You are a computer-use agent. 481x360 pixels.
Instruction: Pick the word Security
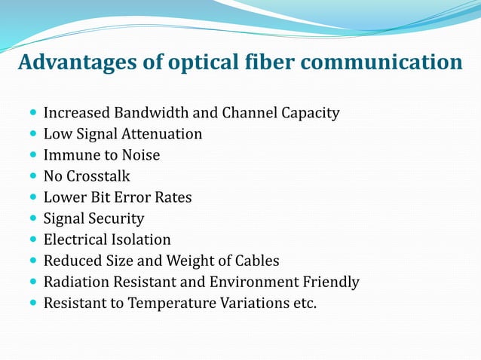pos(118,219)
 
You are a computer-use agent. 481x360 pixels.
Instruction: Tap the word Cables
pos(256,261)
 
